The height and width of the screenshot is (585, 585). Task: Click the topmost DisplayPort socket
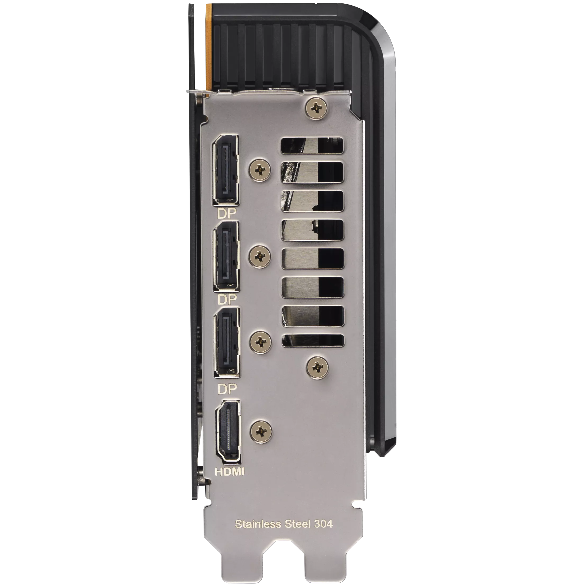pos(226,170)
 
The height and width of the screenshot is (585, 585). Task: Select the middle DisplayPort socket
pos(226,256)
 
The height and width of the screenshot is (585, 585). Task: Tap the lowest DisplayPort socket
pos(227,342)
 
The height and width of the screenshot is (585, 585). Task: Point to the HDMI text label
pos(230,471)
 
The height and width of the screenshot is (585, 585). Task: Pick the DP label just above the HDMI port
pos(227,389)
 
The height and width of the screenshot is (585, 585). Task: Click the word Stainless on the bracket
pos(257,524)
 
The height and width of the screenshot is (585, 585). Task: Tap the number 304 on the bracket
pos(323,524)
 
